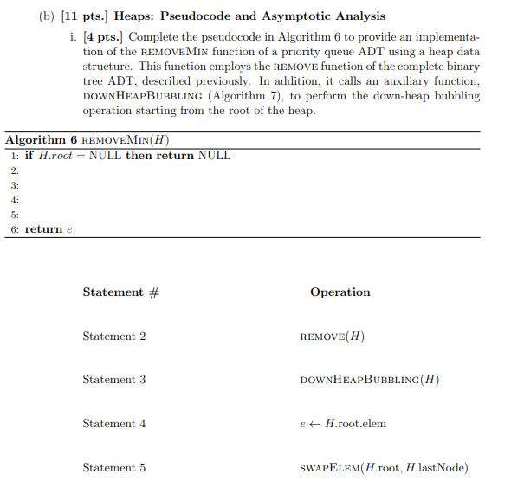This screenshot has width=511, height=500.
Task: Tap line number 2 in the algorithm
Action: coord(14,170)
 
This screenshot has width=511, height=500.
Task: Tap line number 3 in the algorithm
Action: coord(14,185)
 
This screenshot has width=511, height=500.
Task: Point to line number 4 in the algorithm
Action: coord(14,200)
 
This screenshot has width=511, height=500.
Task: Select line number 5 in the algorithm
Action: coord(14,214)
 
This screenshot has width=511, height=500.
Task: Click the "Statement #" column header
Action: coord(120,292)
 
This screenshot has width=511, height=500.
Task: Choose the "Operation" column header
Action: coord(340,292)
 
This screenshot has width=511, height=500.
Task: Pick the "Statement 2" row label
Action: coord(114,337)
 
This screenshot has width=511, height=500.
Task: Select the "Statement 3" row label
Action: coord(114,380)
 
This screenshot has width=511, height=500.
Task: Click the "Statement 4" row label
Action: coord(114,424)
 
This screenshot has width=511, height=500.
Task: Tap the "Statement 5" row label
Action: coord(114,468)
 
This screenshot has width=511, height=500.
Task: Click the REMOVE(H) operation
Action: coord(332,337)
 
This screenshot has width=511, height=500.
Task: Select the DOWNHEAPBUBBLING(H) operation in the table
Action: coord(370,380)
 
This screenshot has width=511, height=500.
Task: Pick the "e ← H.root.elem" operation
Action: coord(343,424)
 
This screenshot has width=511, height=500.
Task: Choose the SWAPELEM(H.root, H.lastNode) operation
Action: coord(384,468)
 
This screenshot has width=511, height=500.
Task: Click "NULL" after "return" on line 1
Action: coord(214,156)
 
